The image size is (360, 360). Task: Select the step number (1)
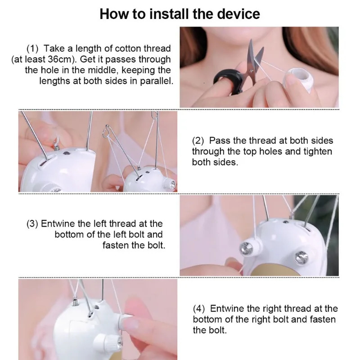click(x=32, y=49)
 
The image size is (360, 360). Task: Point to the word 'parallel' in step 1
click(x=156, y=81)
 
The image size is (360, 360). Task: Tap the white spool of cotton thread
click(x=299, y=78)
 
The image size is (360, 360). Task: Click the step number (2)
click(x=198, y=141)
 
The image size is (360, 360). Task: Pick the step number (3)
click(x=32, y=224)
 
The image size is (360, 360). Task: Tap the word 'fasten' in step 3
click(x=116, y=245)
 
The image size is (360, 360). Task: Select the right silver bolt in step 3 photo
click(x=301, y=257)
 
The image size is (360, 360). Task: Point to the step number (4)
click(x=199, y=309)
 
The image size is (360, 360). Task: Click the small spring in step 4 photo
click(x=75, y=301)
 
